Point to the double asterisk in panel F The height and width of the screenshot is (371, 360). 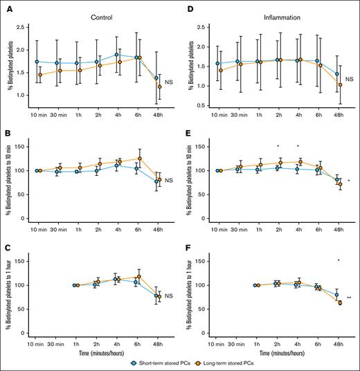coord(348,298)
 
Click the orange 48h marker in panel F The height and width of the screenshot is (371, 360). coord(339,302)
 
